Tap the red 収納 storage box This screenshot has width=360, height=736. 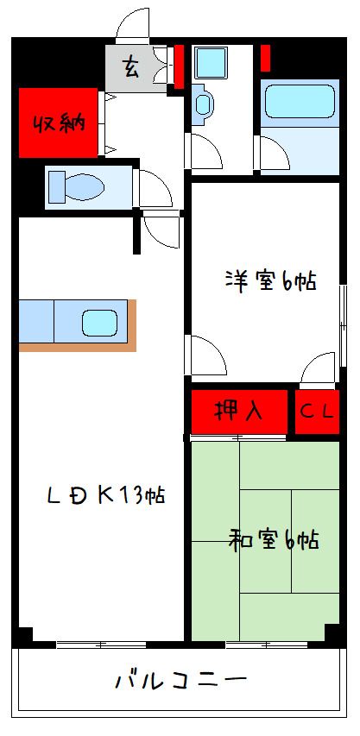59,123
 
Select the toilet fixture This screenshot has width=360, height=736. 77,186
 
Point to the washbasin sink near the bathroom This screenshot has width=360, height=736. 203,104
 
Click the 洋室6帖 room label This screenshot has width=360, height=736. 269,281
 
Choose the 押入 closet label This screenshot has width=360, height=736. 238,411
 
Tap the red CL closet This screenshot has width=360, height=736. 316,412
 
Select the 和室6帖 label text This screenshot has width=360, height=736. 273,541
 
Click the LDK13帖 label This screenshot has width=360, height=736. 105,495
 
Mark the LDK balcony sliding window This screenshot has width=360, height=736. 99,645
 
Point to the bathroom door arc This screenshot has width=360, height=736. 275,154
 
